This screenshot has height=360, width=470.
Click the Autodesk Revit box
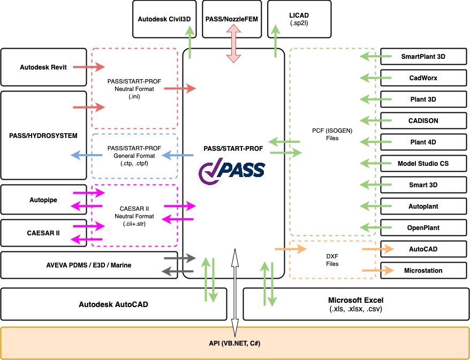click(x=43, y=67)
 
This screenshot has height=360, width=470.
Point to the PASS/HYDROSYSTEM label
click(x=43, y=136)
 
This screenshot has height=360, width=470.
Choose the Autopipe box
click(x=43, y=200)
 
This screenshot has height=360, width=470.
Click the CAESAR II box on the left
click(x=43, y=233)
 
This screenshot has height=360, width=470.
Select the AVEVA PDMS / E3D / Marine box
click(x=89, y=265)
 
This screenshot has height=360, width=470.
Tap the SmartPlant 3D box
click(x=423, y=56)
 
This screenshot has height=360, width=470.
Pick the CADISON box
click(x=423, y=120)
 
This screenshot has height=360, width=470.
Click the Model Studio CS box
click(x=423, y=163)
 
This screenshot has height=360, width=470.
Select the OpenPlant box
click(x=423, y=227)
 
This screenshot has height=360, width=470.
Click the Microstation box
click(x=423, y=270)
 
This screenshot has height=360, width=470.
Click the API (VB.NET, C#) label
click(x=234, y=342)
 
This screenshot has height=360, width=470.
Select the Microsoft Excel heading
click(x=355, y=300)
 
